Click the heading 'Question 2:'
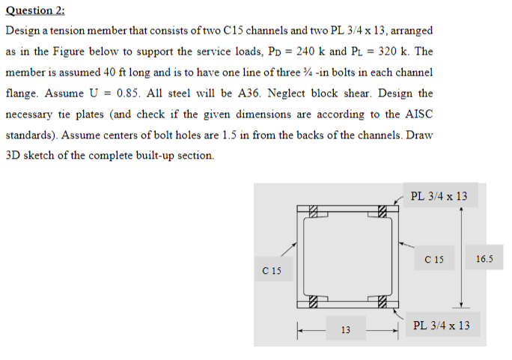[x=34, y=10]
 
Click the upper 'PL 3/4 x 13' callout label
[x=439, y=196]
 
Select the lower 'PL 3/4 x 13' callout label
[x=442, y=326]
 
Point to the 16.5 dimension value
[x=484, y=260]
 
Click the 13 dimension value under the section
[x=345, y=329]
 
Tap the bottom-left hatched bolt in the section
[x=314, y=303]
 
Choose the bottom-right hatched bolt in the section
[x=382, y=303]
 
